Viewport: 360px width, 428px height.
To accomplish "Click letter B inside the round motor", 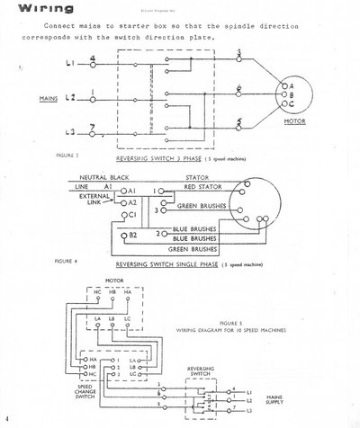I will (x=290, y=93).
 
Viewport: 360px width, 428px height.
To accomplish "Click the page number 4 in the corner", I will (x=6, y=419).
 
